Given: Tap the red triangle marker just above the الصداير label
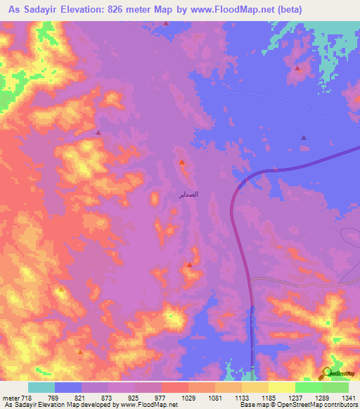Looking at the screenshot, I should click(x=181, y=163).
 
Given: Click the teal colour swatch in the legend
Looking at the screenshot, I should click(x=41, y=387).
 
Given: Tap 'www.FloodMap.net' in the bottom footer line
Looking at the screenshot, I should click(x=149, y=405).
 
